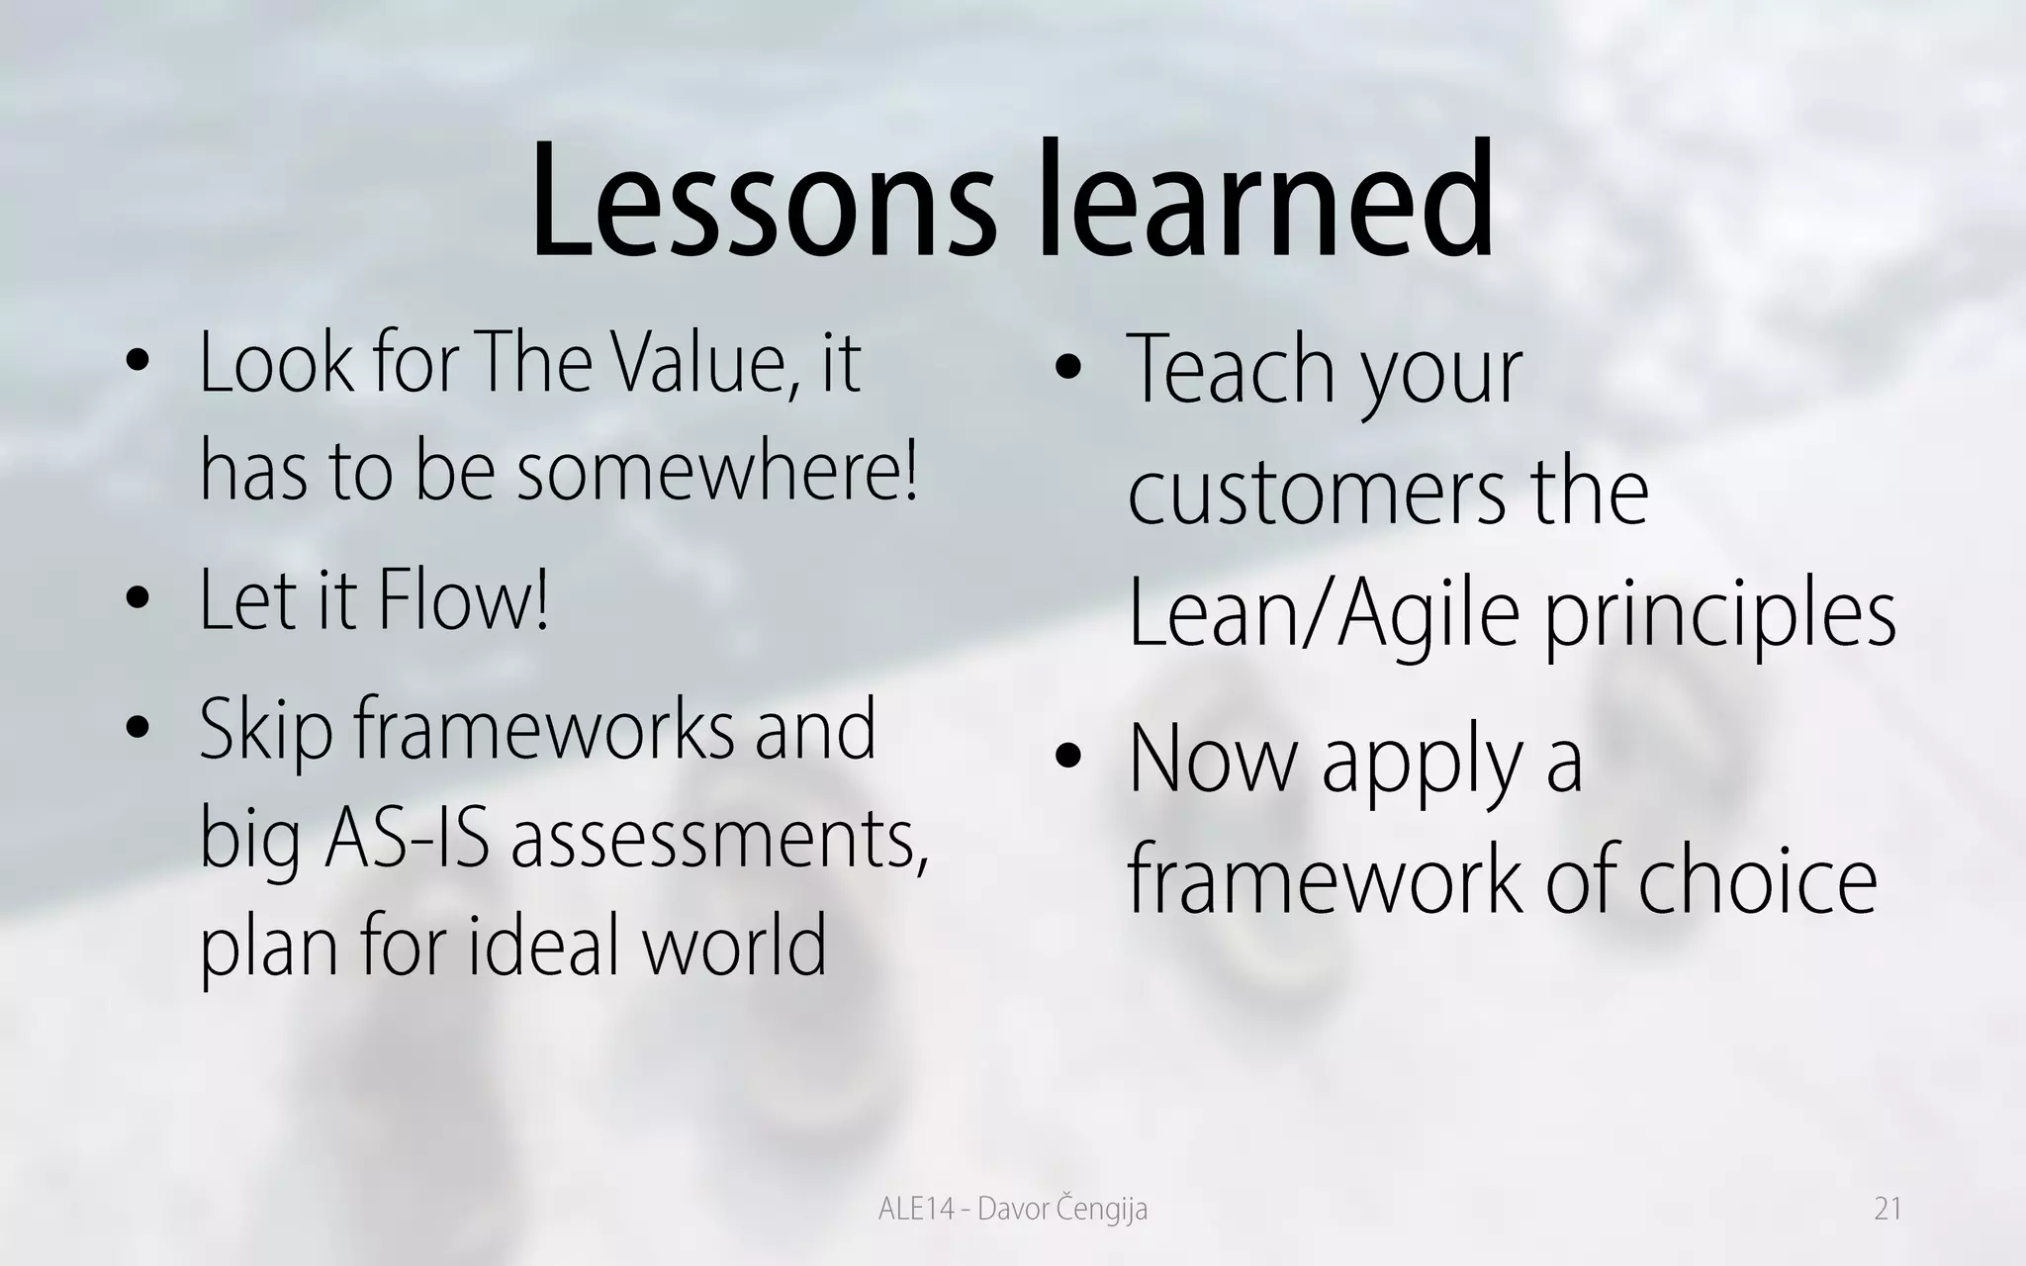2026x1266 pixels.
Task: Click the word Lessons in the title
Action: (x=762, y=203)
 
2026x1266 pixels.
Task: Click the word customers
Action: (x=1308, y=492)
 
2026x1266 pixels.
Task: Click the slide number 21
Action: (x=1888, y=1209)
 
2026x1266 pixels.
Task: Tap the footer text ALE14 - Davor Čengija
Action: (x=1012, y=1209)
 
